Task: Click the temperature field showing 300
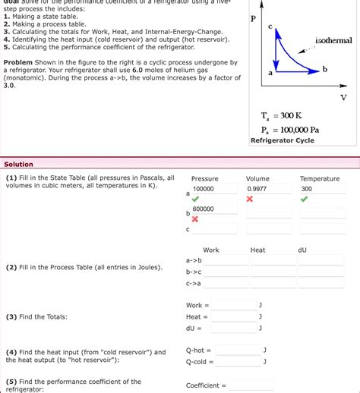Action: [x=323, y=189]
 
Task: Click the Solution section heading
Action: [x=19, y=164]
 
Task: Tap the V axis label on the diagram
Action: [x=343, y=98]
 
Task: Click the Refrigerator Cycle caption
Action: [x=283, y=140]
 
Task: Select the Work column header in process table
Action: [x=211, y=250]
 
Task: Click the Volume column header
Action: [x=257, y=179]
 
